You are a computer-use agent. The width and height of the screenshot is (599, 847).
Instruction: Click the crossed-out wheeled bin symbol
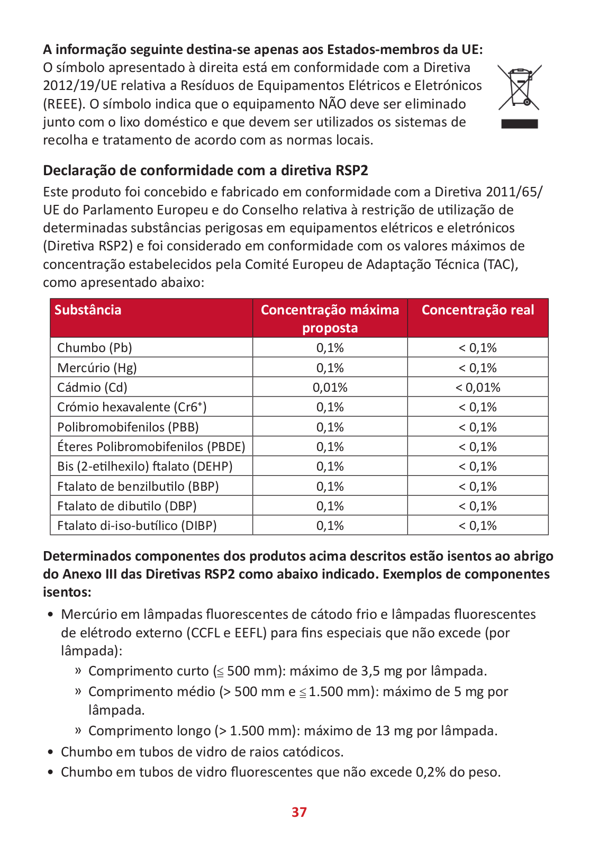(520, 87)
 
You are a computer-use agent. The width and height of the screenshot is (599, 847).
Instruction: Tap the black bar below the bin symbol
(520, 124)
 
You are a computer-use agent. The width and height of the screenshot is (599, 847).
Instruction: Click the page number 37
(299, 812)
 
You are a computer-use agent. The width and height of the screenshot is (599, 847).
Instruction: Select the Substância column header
(88, 310)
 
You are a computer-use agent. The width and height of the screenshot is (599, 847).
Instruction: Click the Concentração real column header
(478, 310)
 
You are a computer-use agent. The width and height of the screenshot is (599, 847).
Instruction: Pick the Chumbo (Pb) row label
(95, 348)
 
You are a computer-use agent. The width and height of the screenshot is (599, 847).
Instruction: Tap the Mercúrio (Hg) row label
(97, 368)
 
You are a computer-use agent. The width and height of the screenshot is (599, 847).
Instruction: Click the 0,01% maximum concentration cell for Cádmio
(330, 388)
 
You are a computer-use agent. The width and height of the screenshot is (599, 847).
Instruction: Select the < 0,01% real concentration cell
(478, 388)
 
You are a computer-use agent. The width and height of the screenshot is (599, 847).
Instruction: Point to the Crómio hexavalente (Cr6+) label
(132, 407)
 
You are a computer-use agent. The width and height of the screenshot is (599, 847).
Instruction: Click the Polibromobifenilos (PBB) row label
(128, 427)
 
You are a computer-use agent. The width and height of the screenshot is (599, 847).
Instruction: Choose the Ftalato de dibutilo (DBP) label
(126, 506)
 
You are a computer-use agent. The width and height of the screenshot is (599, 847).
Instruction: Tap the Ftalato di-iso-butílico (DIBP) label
(137, 526)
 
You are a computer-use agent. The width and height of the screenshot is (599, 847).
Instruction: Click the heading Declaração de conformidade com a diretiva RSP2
(206, 170)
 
